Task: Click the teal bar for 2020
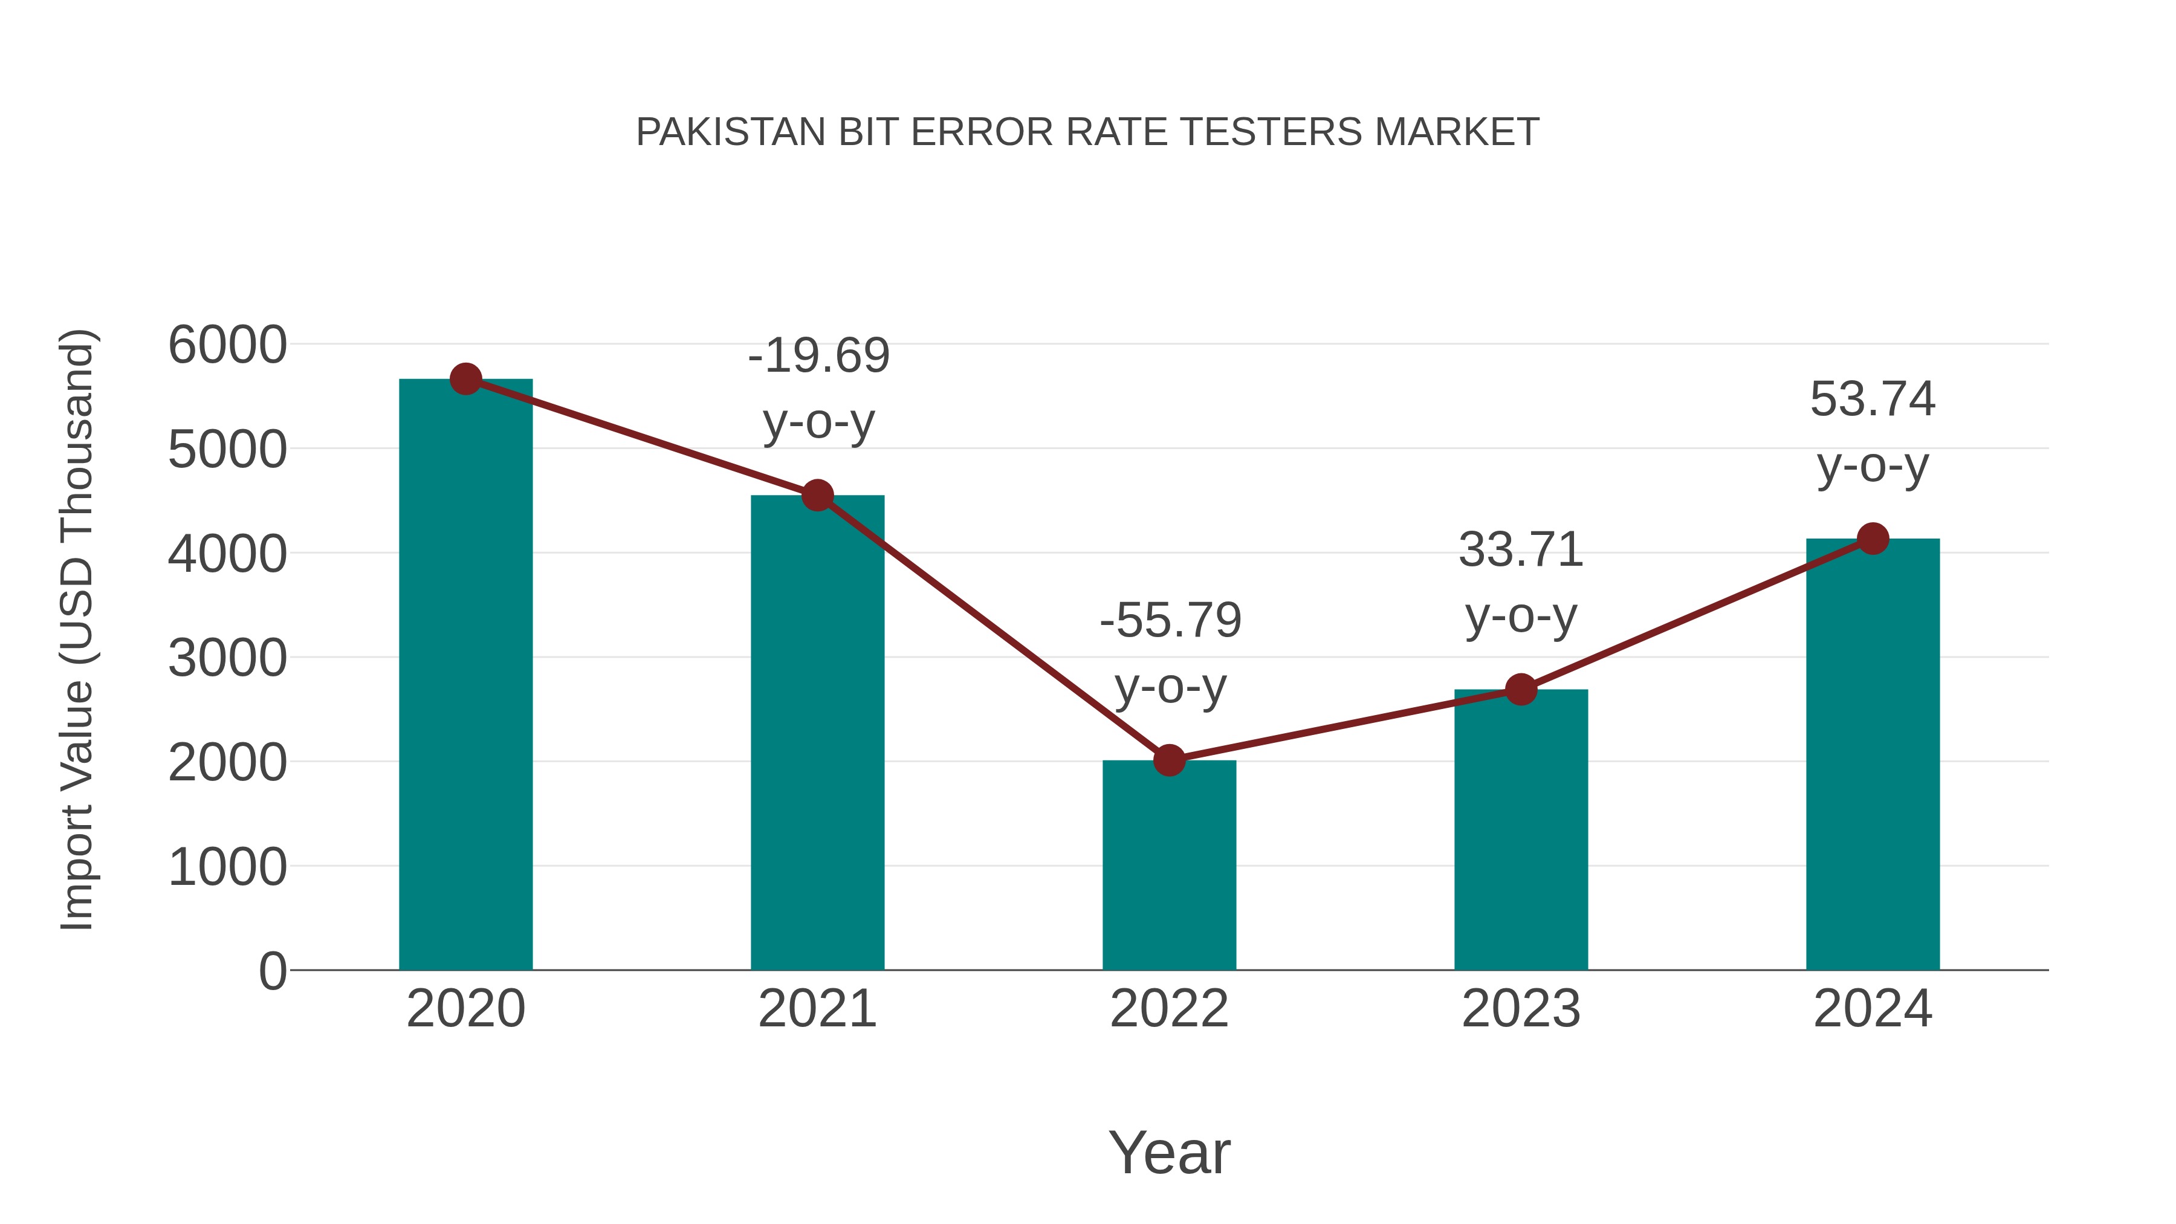coord(465,676)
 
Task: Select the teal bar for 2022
coord(1169,866)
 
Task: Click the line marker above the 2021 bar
coord(817,496)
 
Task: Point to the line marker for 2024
coord(1873,538)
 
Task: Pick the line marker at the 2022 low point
coord(1169,760)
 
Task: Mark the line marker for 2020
coord(465,379)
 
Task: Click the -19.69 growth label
coord(818,355)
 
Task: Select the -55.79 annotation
coord(1170,620)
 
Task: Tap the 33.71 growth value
coord(1521,550)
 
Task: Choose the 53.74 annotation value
coord(1872,399)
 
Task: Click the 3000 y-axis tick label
coord(227,658)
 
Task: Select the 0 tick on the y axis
coord(272,971)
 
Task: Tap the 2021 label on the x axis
coord(817,1009)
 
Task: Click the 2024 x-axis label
coord(1872,1009)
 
